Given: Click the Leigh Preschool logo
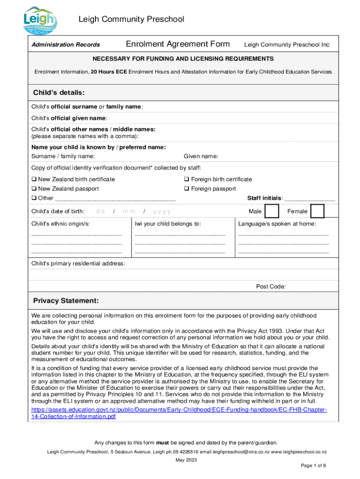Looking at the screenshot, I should click(x=41, y=21).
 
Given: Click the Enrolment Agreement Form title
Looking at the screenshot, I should click(x=178, y=44).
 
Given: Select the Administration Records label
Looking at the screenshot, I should click(x=65, y=45).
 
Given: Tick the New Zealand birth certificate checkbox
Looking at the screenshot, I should click(x=34, y=180).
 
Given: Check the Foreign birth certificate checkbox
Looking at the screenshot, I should click(x=187, y=180).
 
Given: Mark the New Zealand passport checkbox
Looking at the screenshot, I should click(x=34, y=189).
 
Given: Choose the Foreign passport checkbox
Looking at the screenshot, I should click(x=187, y=189).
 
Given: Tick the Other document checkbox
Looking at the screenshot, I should click(x=34, y=198).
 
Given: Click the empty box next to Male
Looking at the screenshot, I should click(x=270, y=211).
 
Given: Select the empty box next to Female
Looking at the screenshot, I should click(x=317, y=211).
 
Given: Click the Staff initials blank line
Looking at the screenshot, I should click(x=310, y=199).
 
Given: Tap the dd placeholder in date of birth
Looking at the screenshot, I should click(x=100, y=211).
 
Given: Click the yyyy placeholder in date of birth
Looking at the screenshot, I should click(x=162, y=211).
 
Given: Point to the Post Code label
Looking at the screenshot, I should click(x=271, y=287).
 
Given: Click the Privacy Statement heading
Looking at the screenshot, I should click(x=65, y=300).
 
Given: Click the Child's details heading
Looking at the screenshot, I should click(x=58, y=92).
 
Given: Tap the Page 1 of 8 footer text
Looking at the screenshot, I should click(x=313, y=466).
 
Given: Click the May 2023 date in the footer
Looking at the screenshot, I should click(x=186, y=460).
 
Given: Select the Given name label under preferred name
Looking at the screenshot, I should click(x=201, y=156).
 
